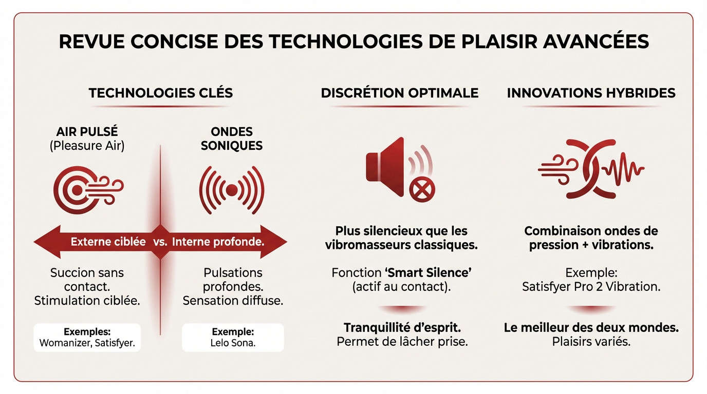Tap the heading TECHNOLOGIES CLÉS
click(x=161, y=93)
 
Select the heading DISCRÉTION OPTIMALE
click(x=399, y=93)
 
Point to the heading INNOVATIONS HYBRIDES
click(x=591, y=93)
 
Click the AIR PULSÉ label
click(x=87, y=132)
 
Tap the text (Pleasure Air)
click(x=87, y=146)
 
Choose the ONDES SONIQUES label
click(x=231, y=139)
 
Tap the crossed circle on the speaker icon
click(x=422, y=191)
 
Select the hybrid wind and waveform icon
click(x=591, y=168)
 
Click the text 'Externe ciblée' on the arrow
click(x=108, y=242)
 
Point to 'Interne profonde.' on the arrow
click(x=218, y=242)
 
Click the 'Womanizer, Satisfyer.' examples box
click(x=87, y=337)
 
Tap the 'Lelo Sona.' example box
click(x=232, y=337)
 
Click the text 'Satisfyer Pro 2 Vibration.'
click(x=591, y=286)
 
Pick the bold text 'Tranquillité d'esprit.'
click(x=402, y=327)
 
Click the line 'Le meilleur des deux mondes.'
click(x=591, y=327)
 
